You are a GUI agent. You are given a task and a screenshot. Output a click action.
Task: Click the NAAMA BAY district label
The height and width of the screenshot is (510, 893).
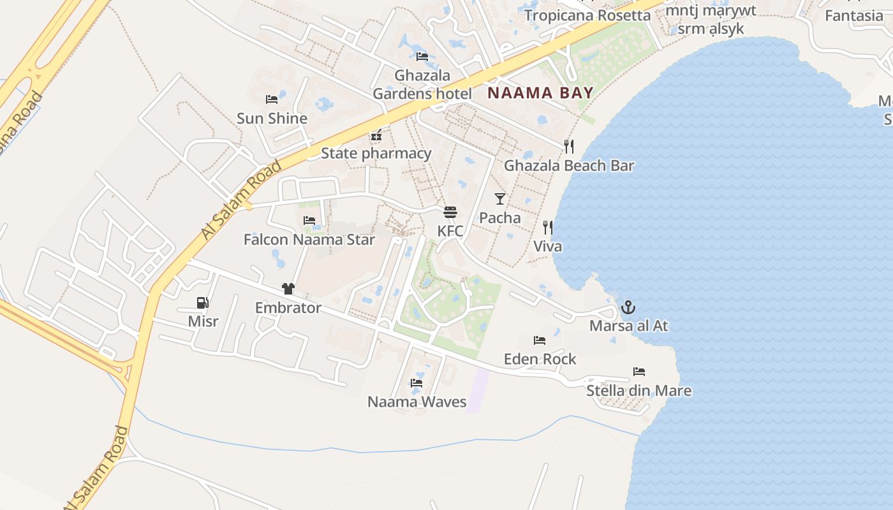pyautogui.click(x=540, y=93)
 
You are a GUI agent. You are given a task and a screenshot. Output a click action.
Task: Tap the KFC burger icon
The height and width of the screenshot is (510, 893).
pyautogui.click(x=450, y=212)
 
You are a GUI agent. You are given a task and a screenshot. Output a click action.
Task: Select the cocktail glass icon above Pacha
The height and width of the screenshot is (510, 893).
pyautogui.click(x=500, y=198)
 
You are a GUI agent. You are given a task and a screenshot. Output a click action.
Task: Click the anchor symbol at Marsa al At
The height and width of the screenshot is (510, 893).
pyautogui.click(x=628, y=307)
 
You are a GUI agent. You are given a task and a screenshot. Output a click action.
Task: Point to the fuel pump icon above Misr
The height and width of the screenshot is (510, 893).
pyautogui.click(x=202, y=303)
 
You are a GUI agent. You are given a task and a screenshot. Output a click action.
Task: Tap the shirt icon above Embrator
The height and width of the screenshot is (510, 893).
pyautogui.click(x=288, y=289)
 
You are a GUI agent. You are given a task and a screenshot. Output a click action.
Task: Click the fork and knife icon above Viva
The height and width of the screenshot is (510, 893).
pyautogui.click(x=547, y=227)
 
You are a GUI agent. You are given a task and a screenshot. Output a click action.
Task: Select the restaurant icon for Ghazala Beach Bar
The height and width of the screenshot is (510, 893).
pyautogui.click(x=569, y=147)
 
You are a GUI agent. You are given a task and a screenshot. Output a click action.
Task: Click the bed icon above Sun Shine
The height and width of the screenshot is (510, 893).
pyautogui.click(x=272, y=99)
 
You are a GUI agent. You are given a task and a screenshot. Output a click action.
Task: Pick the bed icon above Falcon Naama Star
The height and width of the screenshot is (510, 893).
pyautogui.click(x=309, y=221)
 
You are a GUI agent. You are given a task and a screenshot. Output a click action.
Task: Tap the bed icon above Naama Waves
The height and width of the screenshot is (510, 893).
pyautogui.click(x=417, y=383)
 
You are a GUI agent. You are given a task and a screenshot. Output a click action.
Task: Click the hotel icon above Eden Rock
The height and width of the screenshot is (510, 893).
pyautogui.click(x=540, y=340)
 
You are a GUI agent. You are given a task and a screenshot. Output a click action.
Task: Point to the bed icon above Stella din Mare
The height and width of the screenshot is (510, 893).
pyautogui.click(x=639, y=372)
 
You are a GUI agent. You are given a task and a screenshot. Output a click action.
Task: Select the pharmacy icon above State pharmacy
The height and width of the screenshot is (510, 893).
pyautogui.click(x=376, y=135)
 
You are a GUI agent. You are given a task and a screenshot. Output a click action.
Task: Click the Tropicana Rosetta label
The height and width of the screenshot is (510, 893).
pyautogui.click(x=587, y=15)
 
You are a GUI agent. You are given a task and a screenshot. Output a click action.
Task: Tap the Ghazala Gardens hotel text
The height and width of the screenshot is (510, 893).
pyautogui.click(x=422, y=85)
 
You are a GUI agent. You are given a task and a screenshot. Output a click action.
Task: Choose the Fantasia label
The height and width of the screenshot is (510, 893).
pyautogui.click(x=853, y=15)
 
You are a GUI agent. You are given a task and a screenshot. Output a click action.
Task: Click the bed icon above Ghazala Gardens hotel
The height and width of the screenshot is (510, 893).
pyautogui.click(x=422, y=56)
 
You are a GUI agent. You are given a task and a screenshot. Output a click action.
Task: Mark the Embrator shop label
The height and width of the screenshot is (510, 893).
pyautogui.click(x=288, y=308)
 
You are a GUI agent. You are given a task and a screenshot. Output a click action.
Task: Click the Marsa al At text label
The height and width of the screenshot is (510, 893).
pyautogui.click(x=628, y=326)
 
